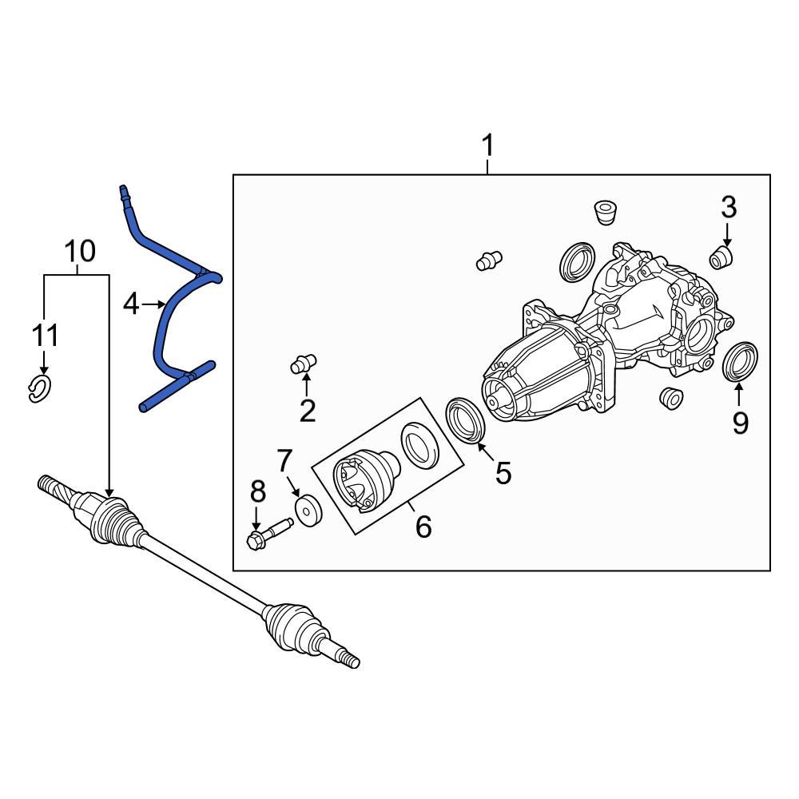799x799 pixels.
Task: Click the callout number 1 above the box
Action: pyautogui.click(x=487, y=147)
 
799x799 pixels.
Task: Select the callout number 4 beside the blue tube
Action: pyautogui.click(x=131, y=304)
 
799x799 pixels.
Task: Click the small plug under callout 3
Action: pyautogui.click(x=722, y=257)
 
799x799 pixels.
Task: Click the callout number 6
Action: pyautogui.click(x=423, y=527)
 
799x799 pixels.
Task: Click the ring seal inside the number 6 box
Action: pyautogui.click(x=419, y=444)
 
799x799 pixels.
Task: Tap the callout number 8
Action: pyautogui.click(x=256, y=491)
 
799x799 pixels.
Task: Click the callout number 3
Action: pyautogui.click(x=728, y=208)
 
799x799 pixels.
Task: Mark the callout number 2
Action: pyautogui.click(x=308, y=411)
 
